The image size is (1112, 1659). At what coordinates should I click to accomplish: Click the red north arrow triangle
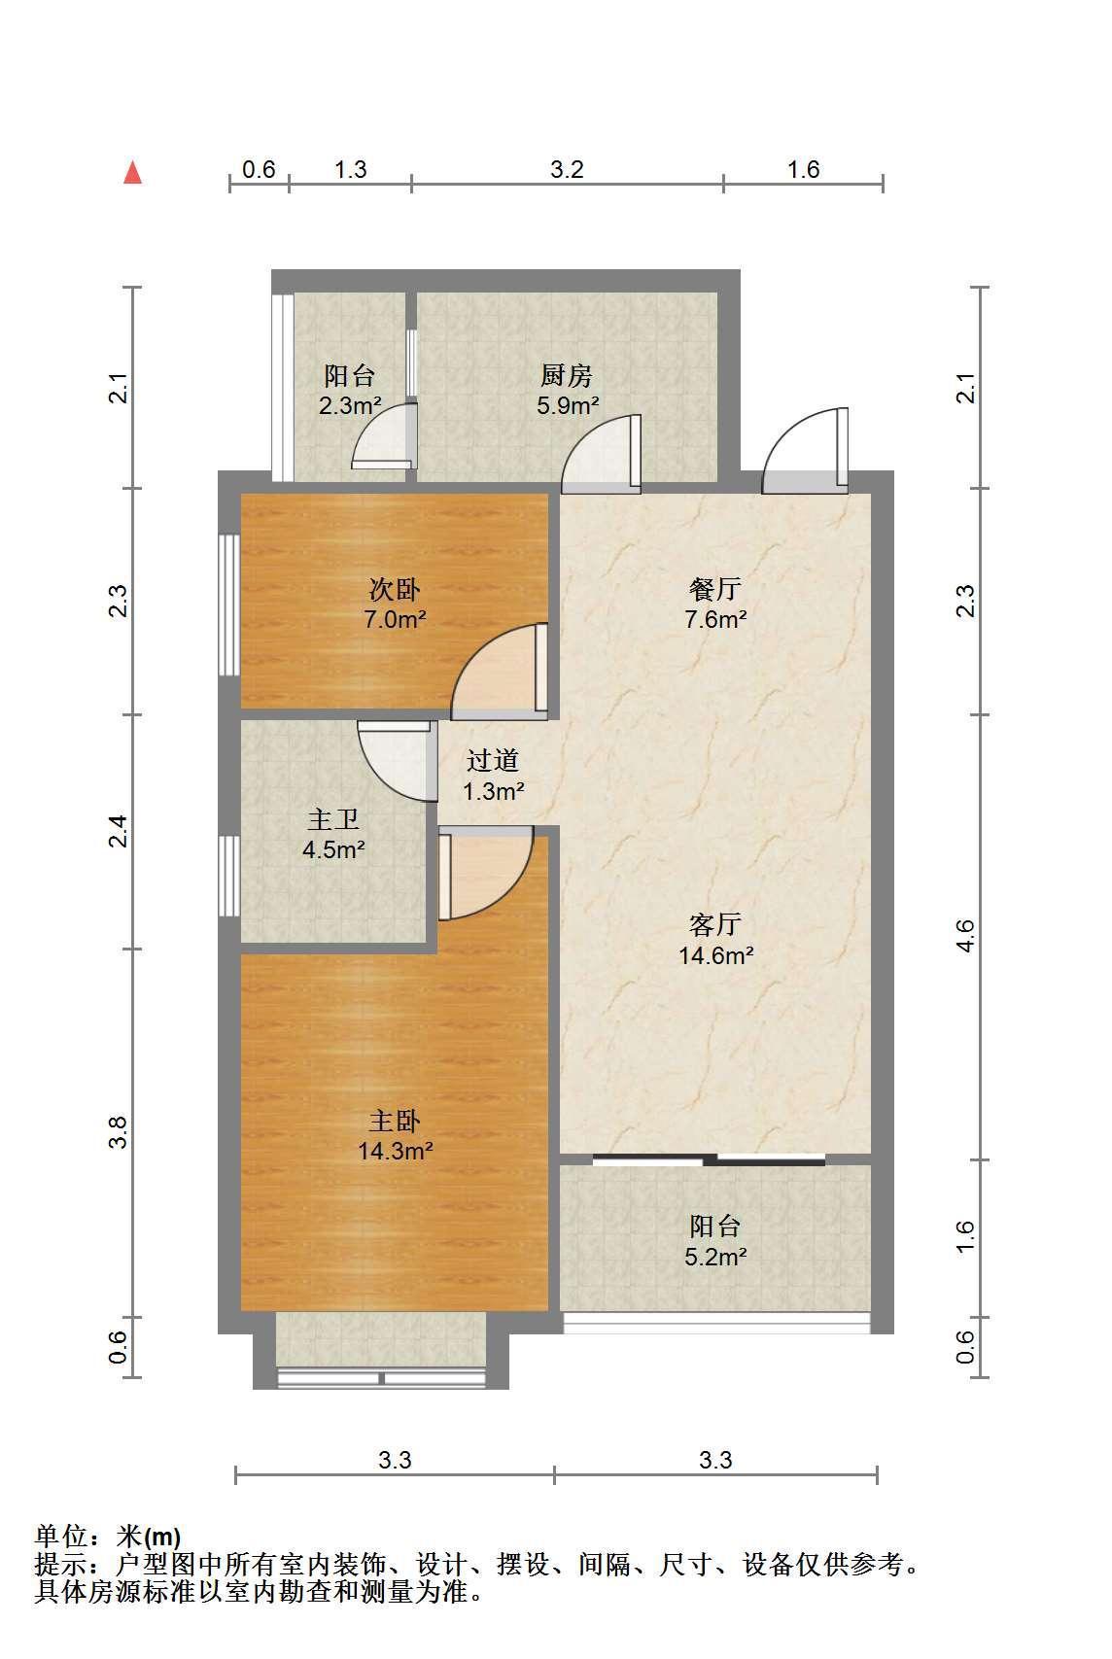pyautogui.click(x=132, y=172)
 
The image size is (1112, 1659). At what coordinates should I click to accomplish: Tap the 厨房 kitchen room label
pyautogui.click(x=566, y=376)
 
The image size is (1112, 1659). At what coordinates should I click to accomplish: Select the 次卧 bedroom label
pyautogui.click(x=394, y=590)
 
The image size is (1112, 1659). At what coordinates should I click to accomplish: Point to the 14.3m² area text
pyautogui.click(x=396, y=1150)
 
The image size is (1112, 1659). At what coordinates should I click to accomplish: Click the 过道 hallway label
pyautogui.click(x=493, y=761)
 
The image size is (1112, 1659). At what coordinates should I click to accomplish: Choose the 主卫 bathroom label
pyautogui.click(x=333, y=820)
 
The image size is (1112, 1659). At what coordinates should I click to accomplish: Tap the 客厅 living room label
pyautogui.click(x=714, y=924)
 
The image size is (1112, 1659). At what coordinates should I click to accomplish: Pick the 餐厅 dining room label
pyautogui.click(x=714, y=590)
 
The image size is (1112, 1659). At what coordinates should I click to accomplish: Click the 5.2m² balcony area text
pyautogui.click(x=714, y=1257)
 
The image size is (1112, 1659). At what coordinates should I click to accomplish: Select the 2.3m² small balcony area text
pyautogui.click(x=350, y=405)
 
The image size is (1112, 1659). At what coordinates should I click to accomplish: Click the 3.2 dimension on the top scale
pyautogui.click(x=567, y=170)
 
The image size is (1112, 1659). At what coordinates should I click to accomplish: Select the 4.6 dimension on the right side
pyautogui.click(x=965, y=936)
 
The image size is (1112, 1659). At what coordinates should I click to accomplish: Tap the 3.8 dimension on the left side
pyautogui.click(x=118, y=1132)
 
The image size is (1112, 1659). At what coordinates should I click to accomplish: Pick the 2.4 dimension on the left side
pyautogui.click(x=118, y=831)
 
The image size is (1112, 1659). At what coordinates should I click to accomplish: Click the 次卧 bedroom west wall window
pyautogui.click(x=229, y=605)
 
